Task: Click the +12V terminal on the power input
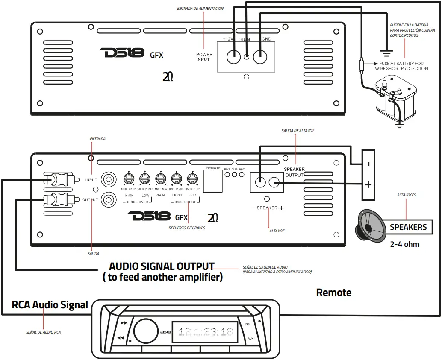(233, 56)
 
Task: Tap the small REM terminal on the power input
(246, 56)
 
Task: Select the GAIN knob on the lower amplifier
(160, 179)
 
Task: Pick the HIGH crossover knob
(128, 179)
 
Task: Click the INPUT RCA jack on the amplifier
(108, 179)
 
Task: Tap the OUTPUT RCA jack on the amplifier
(108, 199)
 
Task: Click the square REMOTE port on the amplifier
(213, 181)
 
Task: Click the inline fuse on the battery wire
(362, 66)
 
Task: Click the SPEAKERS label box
(408, 227)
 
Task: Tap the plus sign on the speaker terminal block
(368, 185)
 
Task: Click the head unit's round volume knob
(145, 331)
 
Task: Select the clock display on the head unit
(205, 332)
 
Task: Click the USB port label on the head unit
(247, 324)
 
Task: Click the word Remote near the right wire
(333, 293)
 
